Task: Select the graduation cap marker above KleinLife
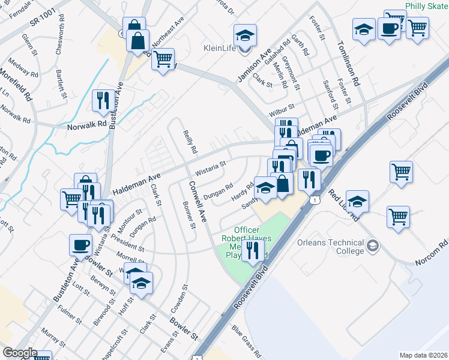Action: pos(245,36)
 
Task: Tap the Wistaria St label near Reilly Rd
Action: pos(210,164)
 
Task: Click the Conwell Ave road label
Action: pos(198,201)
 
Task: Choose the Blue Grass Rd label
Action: pos(246,341)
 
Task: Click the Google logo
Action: pos(20,353)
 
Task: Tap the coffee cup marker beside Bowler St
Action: pos(81,245)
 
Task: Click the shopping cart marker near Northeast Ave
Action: pos(163,59)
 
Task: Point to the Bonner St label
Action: pos(189,215)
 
